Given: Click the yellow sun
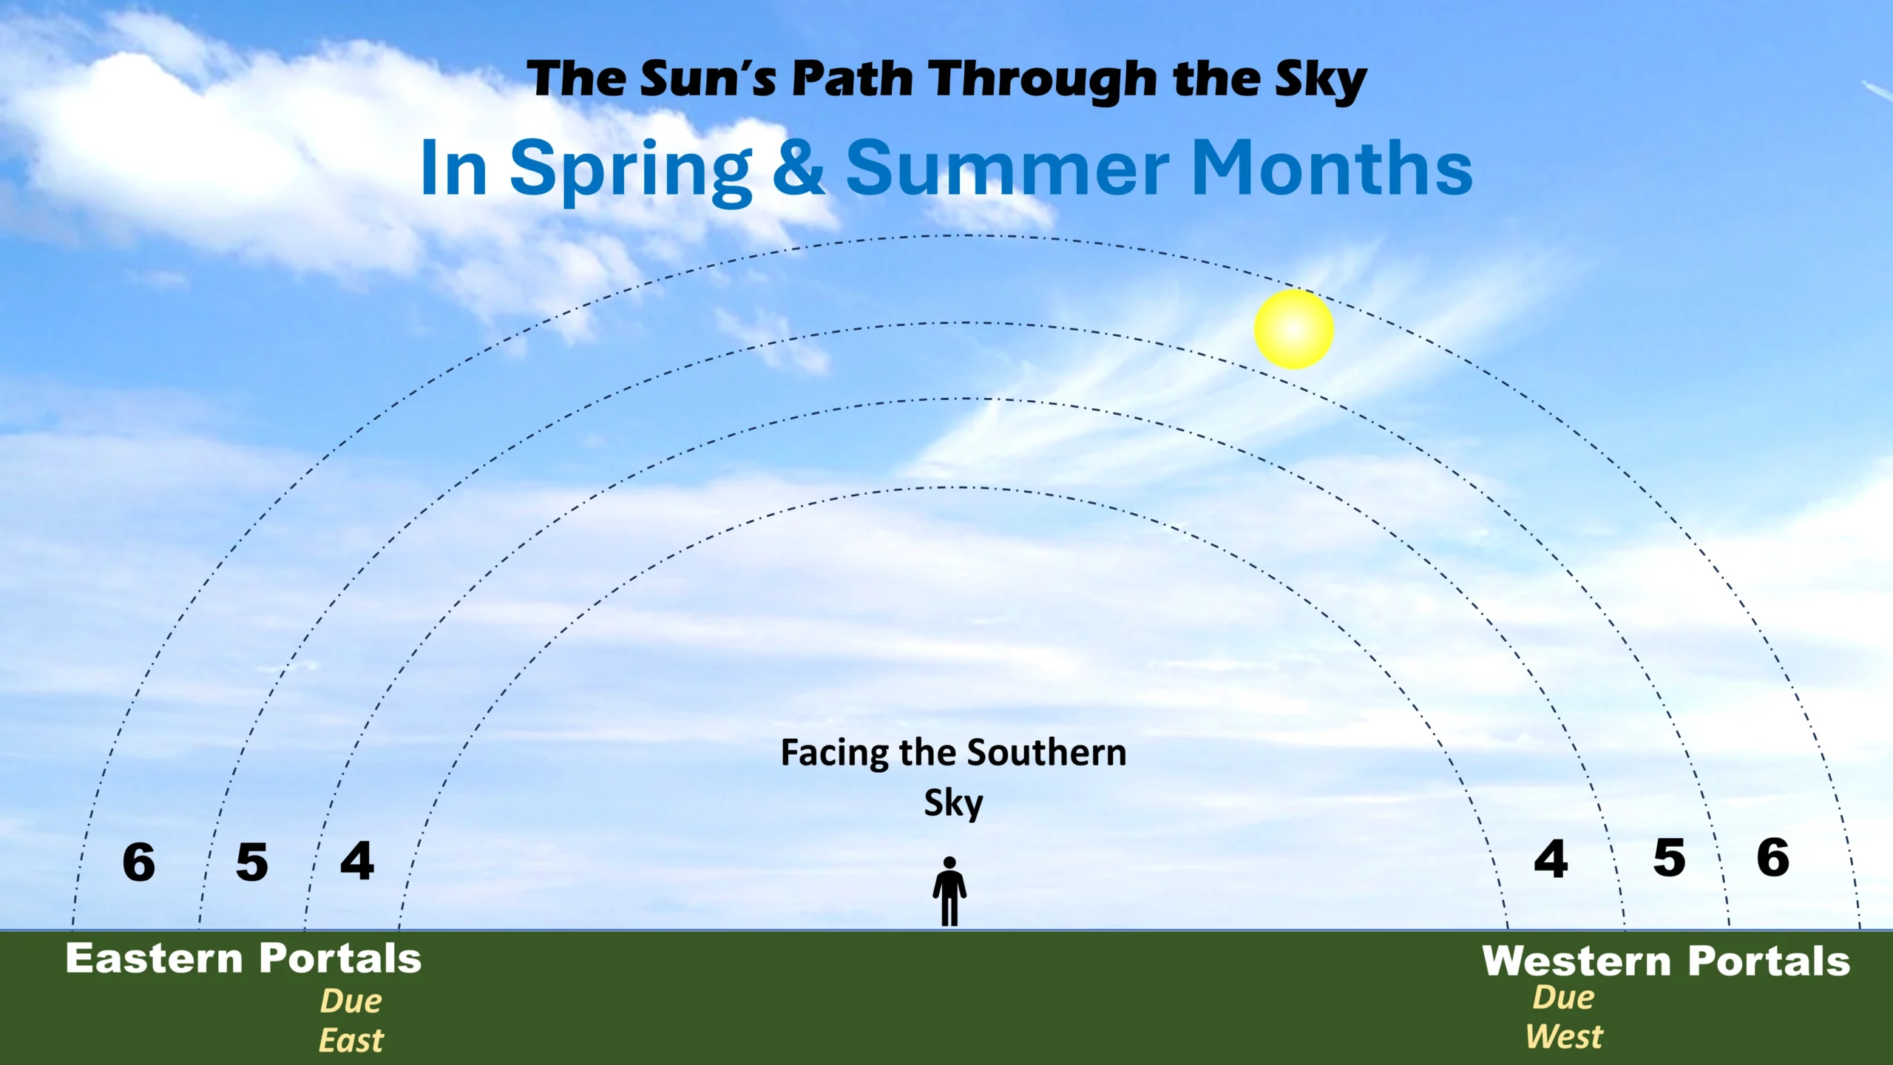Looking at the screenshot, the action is [x=1294, y=329].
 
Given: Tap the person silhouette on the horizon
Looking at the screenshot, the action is [x=949, y=891].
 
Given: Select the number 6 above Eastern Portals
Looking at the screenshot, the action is [x=139, y=862].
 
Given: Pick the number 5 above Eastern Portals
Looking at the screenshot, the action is [x=251, y=862].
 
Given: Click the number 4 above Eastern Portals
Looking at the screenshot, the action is [x=357, y=860].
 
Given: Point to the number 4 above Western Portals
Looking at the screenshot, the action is [x=1551, y=859].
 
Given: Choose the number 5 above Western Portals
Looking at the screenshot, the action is [x=1670, y=858].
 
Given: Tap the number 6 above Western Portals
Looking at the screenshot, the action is [x=1773, y=857].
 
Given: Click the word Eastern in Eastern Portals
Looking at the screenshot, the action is [x=155, y=958].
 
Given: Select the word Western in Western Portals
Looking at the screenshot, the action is [x=1577, y=961].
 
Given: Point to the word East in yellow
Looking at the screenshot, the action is [x=351, y=1041].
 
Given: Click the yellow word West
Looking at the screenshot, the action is [x=1564, y=1036].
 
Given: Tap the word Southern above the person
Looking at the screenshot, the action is [x=1047, y=753].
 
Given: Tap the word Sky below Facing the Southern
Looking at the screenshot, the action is [x=954, y=803].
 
